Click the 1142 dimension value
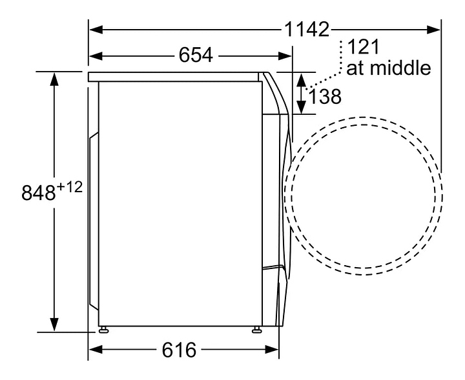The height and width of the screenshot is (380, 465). (307, 29)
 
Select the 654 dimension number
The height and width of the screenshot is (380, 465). (196, 55)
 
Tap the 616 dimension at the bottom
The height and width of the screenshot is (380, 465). (179, 350)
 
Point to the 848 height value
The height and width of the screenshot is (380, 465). (39, 193)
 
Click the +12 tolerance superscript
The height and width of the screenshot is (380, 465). (69, 188)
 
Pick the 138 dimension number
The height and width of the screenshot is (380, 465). (325, 97)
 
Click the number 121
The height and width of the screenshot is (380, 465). (363, 47)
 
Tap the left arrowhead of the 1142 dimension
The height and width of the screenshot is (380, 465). (96, 30)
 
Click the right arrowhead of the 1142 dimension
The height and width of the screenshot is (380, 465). (433, 30)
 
